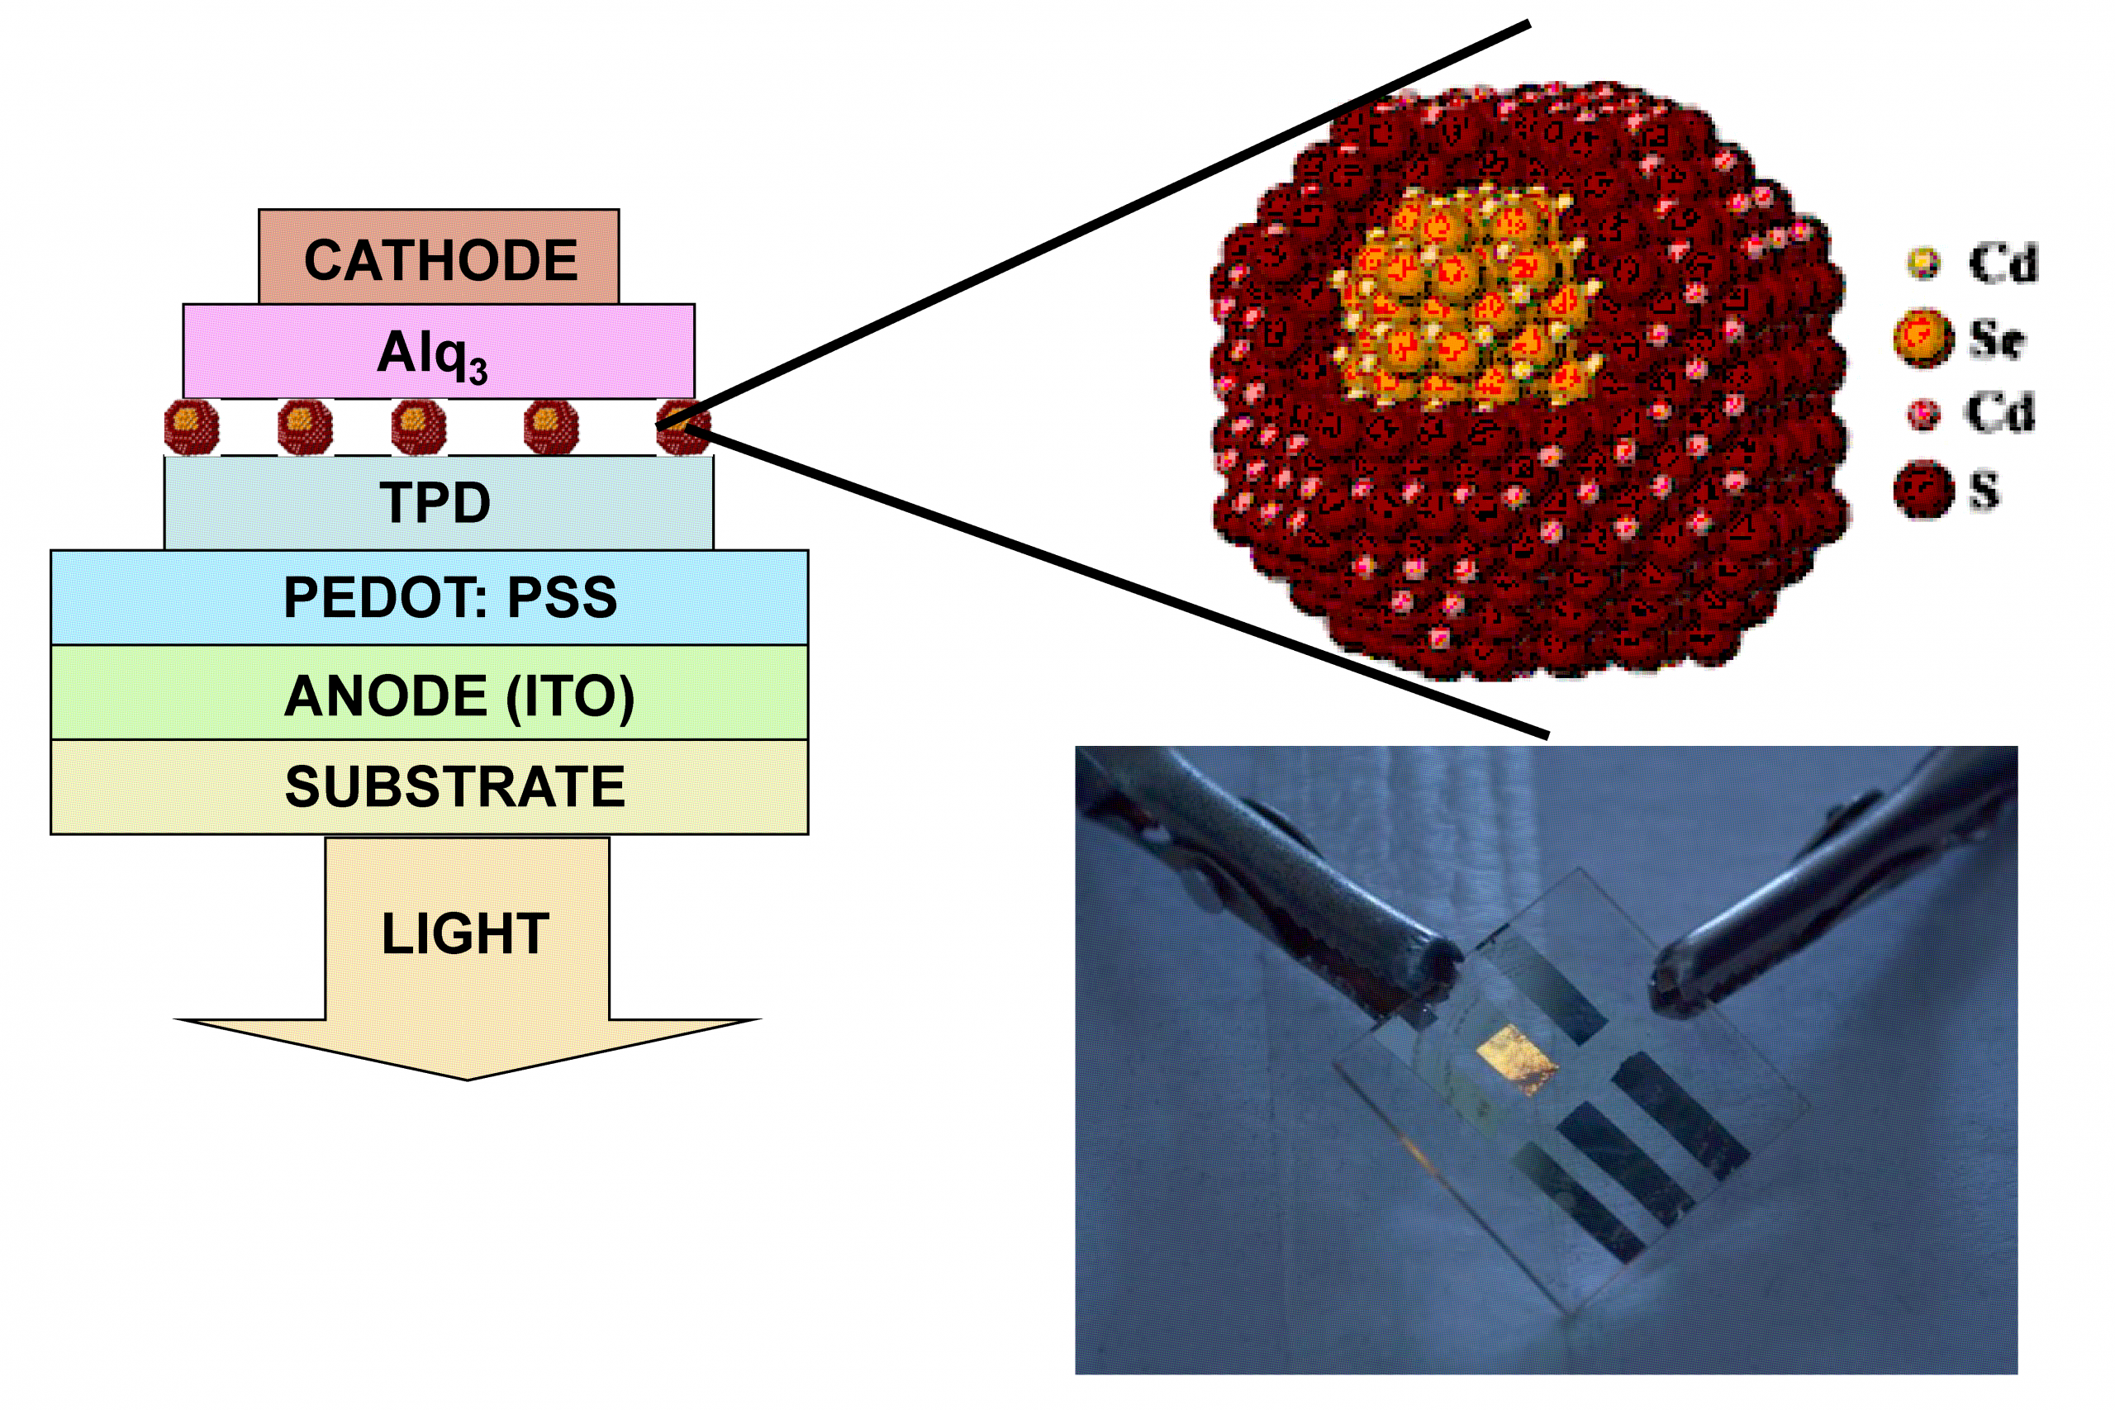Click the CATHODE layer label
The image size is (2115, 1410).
click(440, 261)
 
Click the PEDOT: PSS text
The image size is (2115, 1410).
click(449, 597)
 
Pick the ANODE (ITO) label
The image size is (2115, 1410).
click(459, 696)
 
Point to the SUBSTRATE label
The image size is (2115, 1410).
click(455, 787)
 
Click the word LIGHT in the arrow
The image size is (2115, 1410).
click(466, 933)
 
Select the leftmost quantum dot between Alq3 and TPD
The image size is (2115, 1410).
click(192, 426)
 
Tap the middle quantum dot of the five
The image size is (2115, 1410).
click(419, 426)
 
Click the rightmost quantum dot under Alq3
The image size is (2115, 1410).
click(683, 426)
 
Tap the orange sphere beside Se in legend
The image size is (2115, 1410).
click(1923, 338)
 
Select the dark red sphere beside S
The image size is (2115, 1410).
click(1923, 490)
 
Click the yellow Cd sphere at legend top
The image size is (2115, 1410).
click(1923, 263)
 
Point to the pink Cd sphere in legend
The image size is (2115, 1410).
click(1923, 414)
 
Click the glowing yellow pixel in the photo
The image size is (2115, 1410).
click(1518, 1059)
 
